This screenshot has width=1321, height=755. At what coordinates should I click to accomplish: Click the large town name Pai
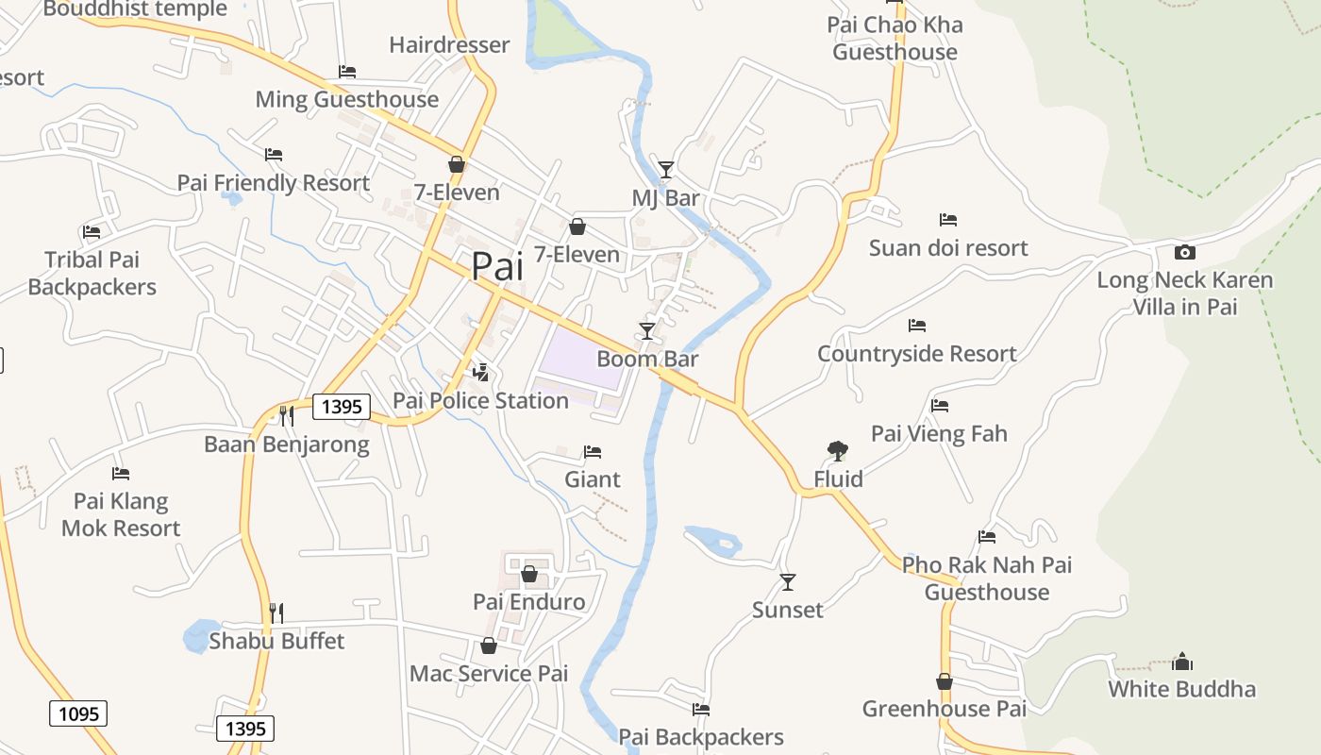(496, 266)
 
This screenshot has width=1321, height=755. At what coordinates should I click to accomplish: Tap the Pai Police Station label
(480, 400)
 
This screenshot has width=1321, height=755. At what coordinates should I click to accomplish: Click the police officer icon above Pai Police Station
(481, 372)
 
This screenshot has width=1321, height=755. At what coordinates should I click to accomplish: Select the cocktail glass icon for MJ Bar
(666, 170)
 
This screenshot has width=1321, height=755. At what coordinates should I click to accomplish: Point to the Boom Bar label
(647, 359)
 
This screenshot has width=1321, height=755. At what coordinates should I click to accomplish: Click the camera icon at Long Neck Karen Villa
(1184, 252)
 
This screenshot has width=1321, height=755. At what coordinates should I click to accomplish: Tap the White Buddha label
(1181, 689)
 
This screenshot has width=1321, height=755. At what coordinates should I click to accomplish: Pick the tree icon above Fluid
(837, 451)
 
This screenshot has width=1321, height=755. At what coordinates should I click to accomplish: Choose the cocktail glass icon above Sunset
(788, 582)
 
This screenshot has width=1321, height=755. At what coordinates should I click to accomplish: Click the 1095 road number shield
(78, 713)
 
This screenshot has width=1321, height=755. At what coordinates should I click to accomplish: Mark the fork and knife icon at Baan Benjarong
(287, 415)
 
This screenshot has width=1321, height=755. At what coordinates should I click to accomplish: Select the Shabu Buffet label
(276, 641)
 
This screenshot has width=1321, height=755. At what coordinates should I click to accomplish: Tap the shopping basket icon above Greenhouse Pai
(945, 681)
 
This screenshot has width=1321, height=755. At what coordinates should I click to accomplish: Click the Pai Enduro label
(528, 601)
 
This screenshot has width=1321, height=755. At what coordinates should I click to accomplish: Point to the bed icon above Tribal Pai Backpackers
(92, 231)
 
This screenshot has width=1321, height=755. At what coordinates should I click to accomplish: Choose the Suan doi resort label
(948, 248)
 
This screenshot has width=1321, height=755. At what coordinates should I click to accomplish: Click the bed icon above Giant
(593, 452)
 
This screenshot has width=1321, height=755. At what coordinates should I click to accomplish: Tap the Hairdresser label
(449, 44)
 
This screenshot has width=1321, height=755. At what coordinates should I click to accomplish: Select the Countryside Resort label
(916, 354)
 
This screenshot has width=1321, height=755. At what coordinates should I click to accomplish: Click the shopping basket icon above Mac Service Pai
(489, 646)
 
